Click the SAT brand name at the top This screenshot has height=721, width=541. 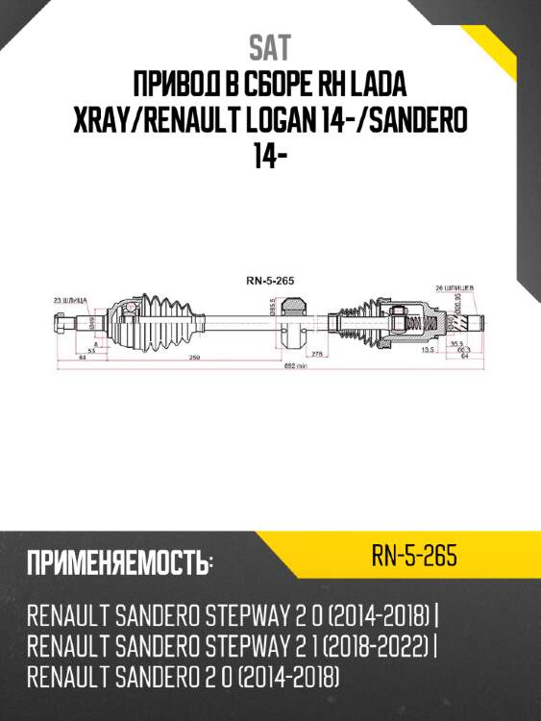269,46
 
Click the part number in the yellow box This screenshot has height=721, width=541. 413,557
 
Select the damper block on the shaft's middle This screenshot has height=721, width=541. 298,322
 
